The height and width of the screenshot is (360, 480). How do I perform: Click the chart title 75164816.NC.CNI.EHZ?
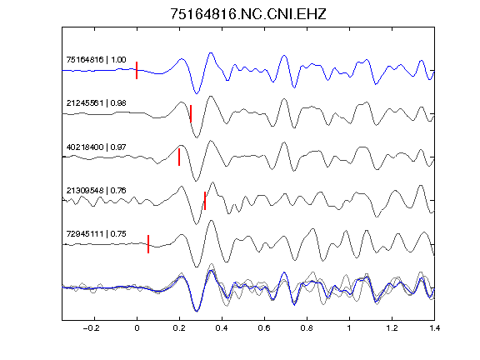pyautogui.click(x=248, y=14)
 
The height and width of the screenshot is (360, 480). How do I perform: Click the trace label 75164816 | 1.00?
pyautogui.click(x=96, y=60)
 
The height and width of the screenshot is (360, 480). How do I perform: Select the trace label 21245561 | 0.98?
pyautogui.click(x=96, y=103)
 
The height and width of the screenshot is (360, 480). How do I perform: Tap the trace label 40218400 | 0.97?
pyautogui.click(x=96, y=147)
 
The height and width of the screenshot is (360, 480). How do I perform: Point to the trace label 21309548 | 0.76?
pyautogui.click(x=96, y=191)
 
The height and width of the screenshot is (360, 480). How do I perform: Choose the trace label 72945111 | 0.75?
pyautogui.click(x=96, y=234)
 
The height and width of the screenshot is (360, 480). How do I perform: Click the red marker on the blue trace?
pyautogui.click(x=137, y=70)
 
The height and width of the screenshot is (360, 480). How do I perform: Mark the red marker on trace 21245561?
pyautogui.click(x=191, y=113)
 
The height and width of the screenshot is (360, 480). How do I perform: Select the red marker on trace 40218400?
pyautogui.click(x=179, y=157)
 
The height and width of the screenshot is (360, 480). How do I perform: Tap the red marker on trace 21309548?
pyautogui.click(x=205, y=201)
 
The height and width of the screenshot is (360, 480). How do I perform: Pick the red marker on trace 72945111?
pyautogui.click(x=148, y=244)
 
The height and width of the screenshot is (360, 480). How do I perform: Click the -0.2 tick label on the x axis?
pyautogui.click(x=91, y=328)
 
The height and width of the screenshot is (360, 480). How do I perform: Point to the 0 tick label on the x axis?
pyautogui.click(x=137, y=328)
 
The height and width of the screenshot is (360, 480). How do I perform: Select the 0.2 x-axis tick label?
pyautogui.click(x=179, y=328)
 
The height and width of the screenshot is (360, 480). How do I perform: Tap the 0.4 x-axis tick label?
pyautogui.click(x=222, y=328)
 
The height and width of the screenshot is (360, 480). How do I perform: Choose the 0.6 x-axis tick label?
pyautogui.click(x=264, y=328)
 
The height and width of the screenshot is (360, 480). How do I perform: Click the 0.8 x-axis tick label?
pyautogui.click(x=307, y=328)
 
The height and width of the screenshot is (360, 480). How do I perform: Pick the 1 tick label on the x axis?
pyautogui.click(x=349, y=328)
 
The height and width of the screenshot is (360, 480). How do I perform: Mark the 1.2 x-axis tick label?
pyautogui.click(x=392, y=328)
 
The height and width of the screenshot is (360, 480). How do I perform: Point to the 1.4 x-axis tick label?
pyautogui.click(x=434, y=328)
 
